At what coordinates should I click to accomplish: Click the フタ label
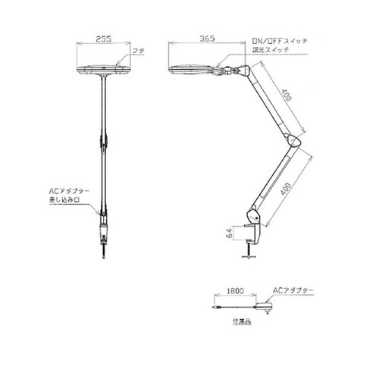point(138,49)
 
